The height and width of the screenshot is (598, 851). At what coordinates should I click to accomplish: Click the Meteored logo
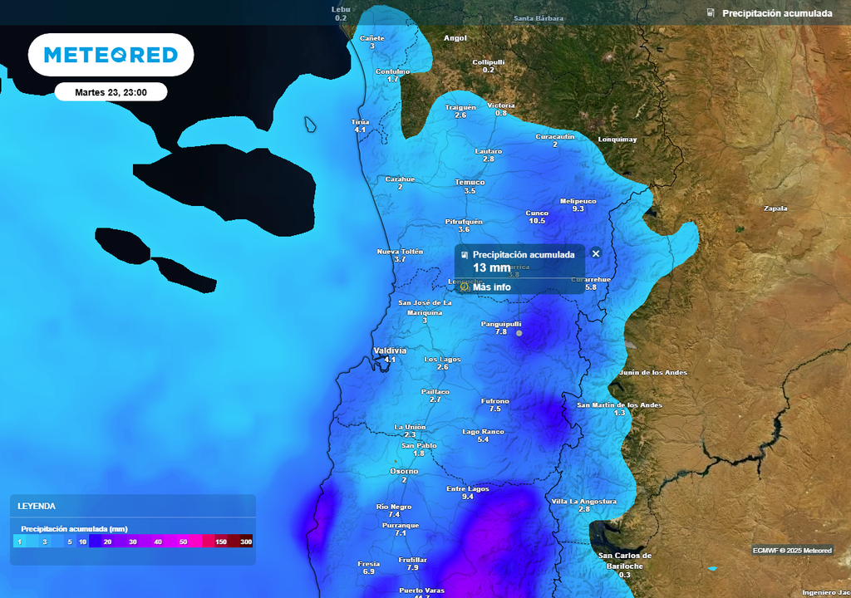click(x=111, y=55)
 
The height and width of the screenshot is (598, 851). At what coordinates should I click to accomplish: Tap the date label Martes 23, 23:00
click(x=111, y=92)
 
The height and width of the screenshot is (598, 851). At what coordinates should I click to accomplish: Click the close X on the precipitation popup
click(x=595, y=253)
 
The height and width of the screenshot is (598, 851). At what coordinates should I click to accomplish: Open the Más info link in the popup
click(x=491, y=287)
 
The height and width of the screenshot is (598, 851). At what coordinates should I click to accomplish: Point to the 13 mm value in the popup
click(x=491, y=267)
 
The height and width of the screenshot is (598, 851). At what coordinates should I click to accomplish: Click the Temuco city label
click(x=470, y=182)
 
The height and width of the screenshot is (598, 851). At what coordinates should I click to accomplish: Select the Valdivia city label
click(x=390, y=350)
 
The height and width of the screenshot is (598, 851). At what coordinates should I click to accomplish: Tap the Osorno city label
click(x=404, y=471)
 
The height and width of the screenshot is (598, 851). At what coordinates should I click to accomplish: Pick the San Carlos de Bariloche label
click(x=625, y=561)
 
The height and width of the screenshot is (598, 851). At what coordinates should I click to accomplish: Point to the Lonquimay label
click(x=617, y=140)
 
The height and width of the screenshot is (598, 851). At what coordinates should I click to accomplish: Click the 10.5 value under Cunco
click(x=537, y=221)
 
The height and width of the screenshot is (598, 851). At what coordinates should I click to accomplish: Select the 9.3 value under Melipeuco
click(x=578, y=208)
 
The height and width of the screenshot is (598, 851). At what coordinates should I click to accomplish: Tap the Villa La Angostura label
click(x=584, y=502)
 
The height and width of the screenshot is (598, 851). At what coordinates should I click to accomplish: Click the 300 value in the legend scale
click(x=246, y=542)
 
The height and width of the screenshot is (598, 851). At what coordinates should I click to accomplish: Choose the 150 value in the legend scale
click(x=221, y=542)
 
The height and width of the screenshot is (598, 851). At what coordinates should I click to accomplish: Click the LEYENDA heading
click(x=37, y=506)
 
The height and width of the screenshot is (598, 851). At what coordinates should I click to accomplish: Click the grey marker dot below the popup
click(x=519, y=332)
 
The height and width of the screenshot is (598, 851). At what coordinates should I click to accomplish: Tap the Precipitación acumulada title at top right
click(x=776, y=13)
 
